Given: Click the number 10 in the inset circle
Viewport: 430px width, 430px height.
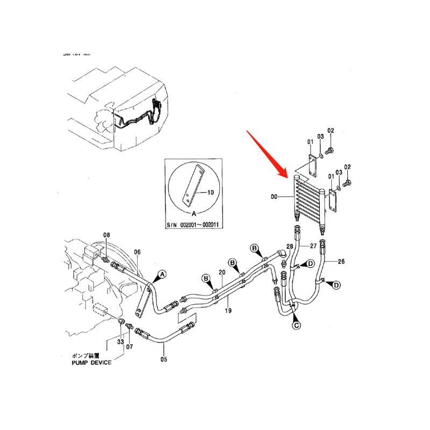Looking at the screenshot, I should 210,192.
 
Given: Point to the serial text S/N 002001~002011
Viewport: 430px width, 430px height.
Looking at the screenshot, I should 193,225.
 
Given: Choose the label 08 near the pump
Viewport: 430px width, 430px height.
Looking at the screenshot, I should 106,235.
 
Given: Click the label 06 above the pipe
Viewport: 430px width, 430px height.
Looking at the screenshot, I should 137,252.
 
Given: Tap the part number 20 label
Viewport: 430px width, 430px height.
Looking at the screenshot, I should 221,273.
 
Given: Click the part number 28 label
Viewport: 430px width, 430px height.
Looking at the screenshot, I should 289,246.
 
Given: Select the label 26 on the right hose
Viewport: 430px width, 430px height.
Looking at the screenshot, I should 341,262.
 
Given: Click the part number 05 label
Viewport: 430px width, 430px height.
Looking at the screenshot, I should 163,360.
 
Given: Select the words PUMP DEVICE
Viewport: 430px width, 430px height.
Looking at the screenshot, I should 91,363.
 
